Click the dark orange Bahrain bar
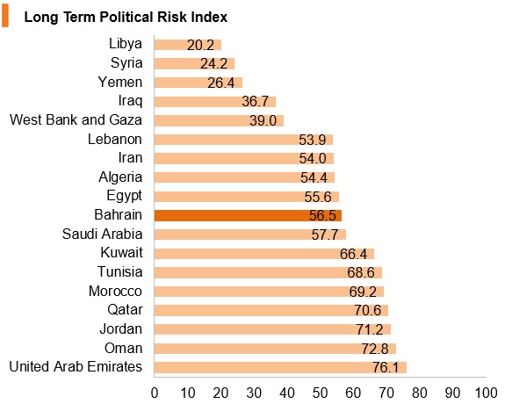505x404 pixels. pyautogui.click(x=248, y=215)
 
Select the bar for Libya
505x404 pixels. pyautogui.click(x=188, y=45)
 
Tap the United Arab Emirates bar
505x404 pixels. pyautogui.click(x=280, y=367)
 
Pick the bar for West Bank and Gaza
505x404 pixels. pyautogui.click(x=219, y=121)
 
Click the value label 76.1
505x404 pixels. pyautogui.click(x=386, y=368)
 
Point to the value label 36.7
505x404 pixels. pyautogui.click(x=255, y=102)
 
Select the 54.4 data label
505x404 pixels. pyautogui.click(x=314, y=177)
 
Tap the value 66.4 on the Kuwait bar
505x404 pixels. pyautogui.click(x=353, y=254)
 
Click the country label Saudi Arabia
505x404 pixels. pyautogui.click(x=102, y=234)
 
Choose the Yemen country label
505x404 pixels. pyautogui.click(x=120, y=83)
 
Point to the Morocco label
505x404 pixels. pyautogui.click(x=115, y=292)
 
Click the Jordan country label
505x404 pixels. pyautogui.click(x=121, y=329)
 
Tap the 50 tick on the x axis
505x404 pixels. pyautogui.click(x=321, y=393)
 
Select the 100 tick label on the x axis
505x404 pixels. pyautogui.click(x=486, y=393)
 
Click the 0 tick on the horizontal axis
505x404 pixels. pyautogui.click(x=155, y=393)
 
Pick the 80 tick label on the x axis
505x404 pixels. pyautogui.click(x=420, y=393)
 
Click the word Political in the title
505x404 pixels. pyautogui.click(x=126, y=17)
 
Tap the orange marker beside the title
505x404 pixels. pyautogui.click(x=5, y=17)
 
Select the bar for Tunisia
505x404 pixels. pyautogui.click(x=268, y=272)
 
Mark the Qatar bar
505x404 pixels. pyautogui.click(x=271, y=311)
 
